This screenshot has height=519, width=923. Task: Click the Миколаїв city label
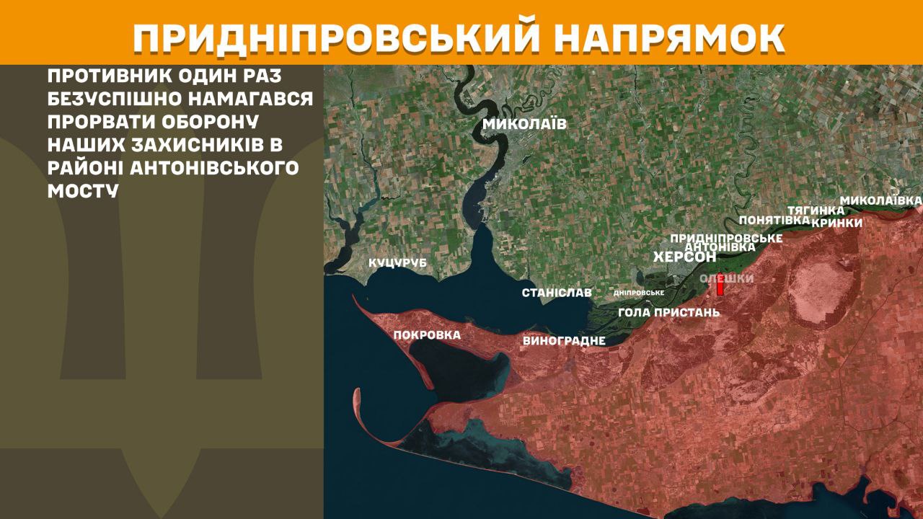pyautogui.click(x=524, y=124)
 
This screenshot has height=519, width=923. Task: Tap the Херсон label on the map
pyautogui.click(x=684, y=257)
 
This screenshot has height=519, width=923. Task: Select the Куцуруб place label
pyautogui.click(x=397, y=263)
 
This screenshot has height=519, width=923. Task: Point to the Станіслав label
pyautogui.click(x=557, y=293)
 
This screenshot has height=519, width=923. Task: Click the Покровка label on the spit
pyautogui.click(x=427, y=335)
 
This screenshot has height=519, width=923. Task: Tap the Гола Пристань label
pyautogui.click(x=669, y=312)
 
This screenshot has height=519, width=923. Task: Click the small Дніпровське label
pyautogui.click(x=638, y=293)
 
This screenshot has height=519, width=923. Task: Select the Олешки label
pyautogui.click(x=727, y=278)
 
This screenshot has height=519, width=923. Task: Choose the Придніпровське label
pyautogui.click(x=726, y=237)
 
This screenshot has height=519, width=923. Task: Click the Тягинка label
pyautogui.click(x=816, y=210)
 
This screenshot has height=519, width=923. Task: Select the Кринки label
pyautogui.click(x=836, y=223)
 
